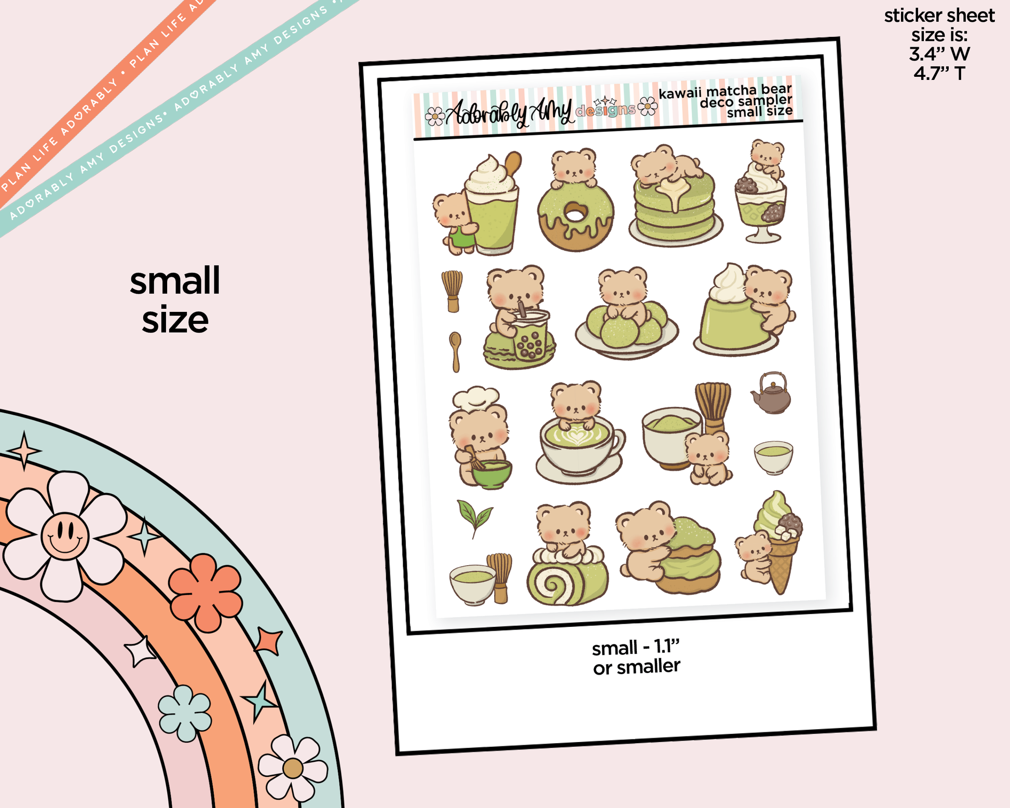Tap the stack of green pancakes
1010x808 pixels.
click(x=675, y=208)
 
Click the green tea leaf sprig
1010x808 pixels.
click(x=475, y=518)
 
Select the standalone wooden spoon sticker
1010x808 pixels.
click(x=455, y=351)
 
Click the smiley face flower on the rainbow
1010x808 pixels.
click(x=64, y=536)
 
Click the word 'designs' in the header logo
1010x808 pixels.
click(x=605, y=110)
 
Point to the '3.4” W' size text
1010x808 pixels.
click(x=939, y=54)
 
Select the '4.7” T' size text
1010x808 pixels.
click(x=939, y=73)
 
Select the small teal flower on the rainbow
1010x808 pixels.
click(x=185, y=714)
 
